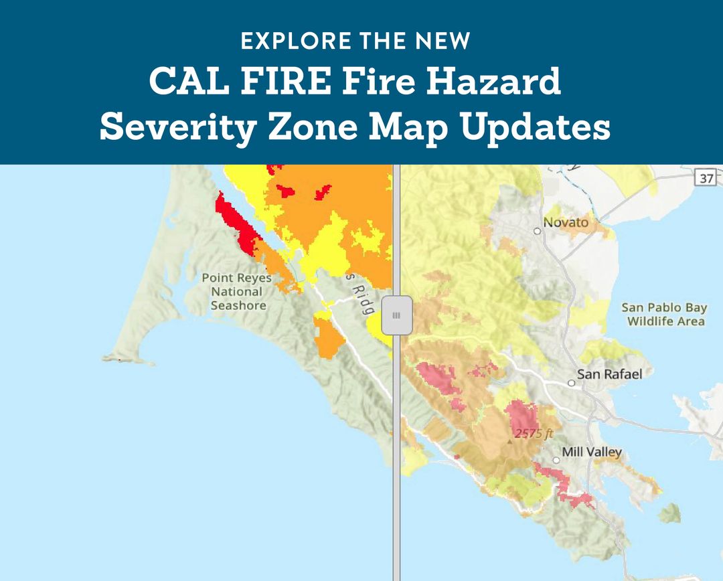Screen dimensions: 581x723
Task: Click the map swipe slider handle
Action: point(396,315)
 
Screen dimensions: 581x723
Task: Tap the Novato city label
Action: point(566,222)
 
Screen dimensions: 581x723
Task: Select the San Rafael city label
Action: point(609,373)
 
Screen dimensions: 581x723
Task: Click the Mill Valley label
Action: point(592,452)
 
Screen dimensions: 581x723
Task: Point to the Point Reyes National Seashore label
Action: point(238,291)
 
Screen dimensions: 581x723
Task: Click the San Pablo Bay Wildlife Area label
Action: point(664,315)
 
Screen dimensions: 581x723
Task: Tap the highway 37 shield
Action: point(706,177)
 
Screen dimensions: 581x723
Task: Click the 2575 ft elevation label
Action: point(534,434)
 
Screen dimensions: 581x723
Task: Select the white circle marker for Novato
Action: point(537,231)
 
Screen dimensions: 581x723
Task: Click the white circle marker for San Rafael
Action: point(571,384)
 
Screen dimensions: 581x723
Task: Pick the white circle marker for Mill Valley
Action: point(556,460)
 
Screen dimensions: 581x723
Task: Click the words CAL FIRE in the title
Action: point(234,82)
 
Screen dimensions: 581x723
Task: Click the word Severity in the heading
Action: point(174,127)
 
